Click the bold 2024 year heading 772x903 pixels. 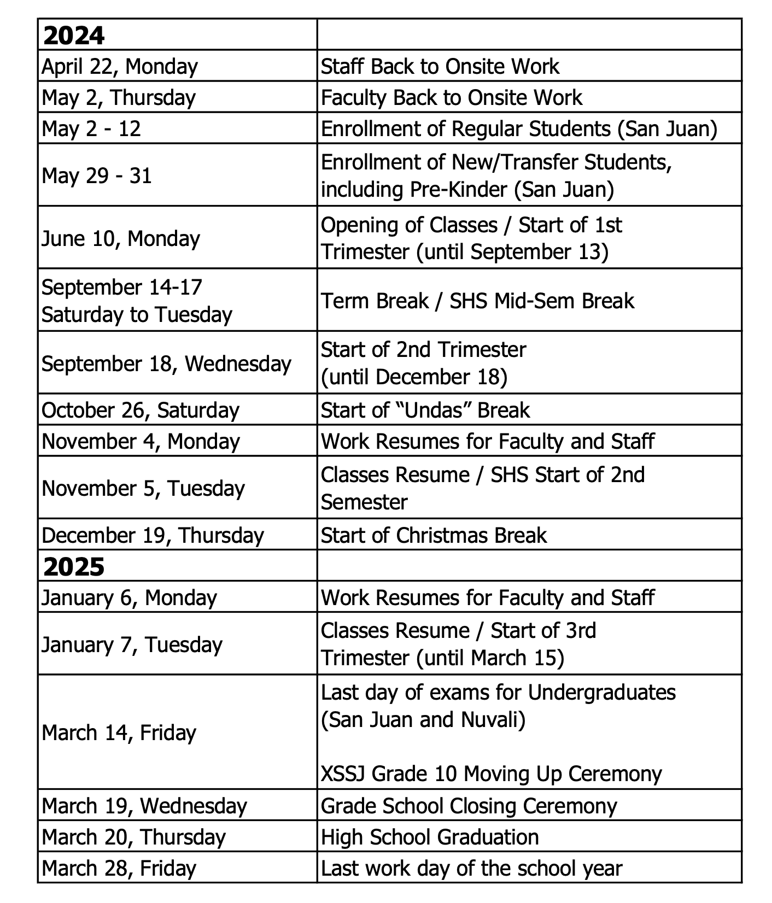point(74,36)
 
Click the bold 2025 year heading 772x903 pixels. point(74,567)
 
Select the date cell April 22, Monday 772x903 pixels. point(120,67)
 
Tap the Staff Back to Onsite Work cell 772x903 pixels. point(440,67)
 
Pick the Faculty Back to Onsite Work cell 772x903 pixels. point(452,98)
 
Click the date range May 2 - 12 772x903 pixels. point(91,129)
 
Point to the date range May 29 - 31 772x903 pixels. point(97,176)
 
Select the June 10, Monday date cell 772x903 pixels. point(121,238)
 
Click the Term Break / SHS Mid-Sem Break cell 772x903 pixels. point(477,301)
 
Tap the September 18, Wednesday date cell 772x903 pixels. point(166,363)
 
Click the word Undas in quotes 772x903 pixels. point(432,410)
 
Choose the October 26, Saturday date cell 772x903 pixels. point(141,410)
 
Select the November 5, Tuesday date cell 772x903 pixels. point(143,488)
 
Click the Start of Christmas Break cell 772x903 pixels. point(434,535)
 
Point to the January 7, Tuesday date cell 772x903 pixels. point(132,644)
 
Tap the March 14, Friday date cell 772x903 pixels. point(119,732)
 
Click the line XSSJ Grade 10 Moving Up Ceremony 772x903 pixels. point(491,773)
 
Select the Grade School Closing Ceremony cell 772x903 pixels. point(469,806)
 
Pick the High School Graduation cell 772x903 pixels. point(430,837)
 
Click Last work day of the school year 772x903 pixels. point(471,868)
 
